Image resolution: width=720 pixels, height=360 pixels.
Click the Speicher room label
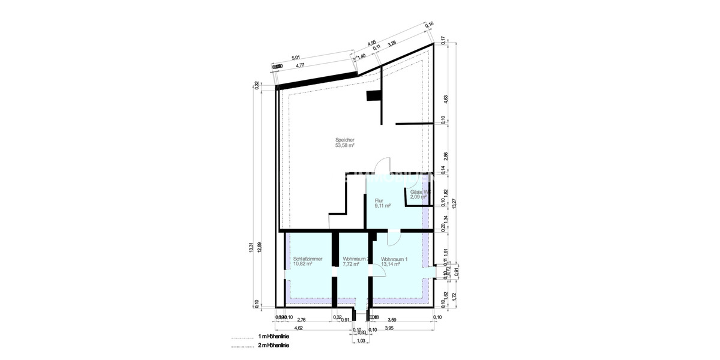tap(345, 139)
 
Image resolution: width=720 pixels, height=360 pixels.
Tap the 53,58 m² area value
tap(345, 145)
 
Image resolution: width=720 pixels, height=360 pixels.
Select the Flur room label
tap(379, 200)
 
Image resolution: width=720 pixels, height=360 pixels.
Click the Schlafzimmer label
tap(308, 259)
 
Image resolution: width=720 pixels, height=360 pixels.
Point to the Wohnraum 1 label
tap(394, 259)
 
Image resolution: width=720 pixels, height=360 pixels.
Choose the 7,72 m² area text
tap(350, 264)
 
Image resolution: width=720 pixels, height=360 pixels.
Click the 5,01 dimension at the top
tap(296, 58)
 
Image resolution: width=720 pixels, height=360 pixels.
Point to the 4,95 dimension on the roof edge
tap(371, 43)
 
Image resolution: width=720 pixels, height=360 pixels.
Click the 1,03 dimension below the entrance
tap(361, 341)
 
